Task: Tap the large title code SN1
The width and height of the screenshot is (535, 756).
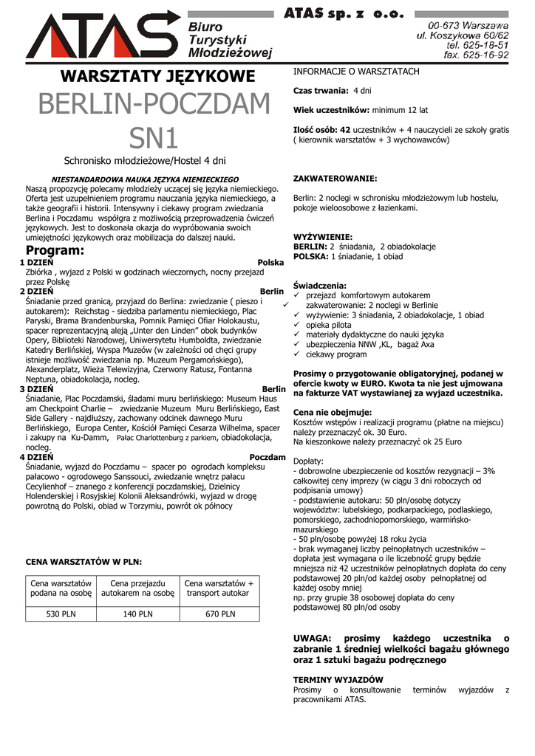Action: [x=154, y=137]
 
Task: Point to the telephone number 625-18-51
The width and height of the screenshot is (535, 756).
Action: [x=484, y=44]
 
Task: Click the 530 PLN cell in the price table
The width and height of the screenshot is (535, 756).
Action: [x=61, y=614]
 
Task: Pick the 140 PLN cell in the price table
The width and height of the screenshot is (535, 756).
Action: [x=137, y=614]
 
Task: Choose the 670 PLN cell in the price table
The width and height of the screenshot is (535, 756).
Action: [x=219, y=614]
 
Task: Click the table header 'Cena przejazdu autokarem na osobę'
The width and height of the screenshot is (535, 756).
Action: [x=137, y=588]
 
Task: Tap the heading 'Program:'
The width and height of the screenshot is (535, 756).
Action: [x=55, y=251]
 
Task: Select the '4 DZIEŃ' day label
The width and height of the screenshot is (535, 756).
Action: [x=36, y=457]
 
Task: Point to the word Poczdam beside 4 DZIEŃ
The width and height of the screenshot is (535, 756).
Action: [x=267, y=457]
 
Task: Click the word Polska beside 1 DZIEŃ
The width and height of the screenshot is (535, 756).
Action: [x=270, y=263]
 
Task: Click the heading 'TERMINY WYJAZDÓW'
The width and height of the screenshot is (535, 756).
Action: [x=338, y=679]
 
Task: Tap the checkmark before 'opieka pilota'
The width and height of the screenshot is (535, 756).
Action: [x=297, y=325]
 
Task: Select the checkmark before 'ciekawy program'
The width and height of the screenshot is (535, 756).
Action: [x=297, y=354]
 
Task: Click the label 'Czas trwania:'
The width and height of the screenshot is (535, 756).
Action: [x=321, y=91]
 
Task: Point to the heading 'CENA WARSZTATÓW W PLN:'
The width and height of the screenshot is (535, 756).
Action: [x=84, y=562]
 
